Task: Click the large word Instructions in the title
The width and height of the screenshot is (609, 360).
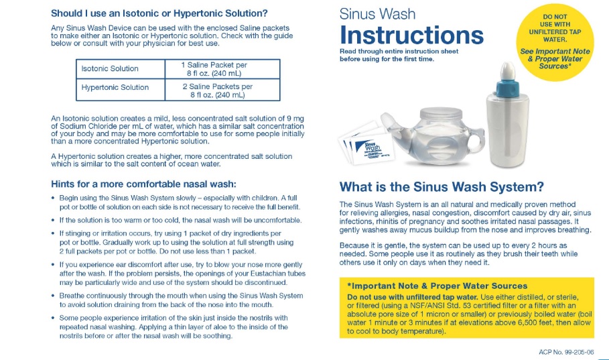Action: (411, 35)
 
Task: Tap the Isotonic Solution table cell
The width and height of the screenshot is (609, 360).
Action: (110, 68)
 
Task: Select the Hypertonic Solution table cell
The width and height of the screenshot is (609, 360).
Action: (115, 87)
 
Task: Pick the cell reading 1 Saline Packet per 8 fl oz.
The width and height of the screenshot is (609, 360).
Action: (214, 69)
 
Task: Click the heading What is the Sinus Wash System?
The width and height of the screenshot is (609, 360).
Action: (442, 187)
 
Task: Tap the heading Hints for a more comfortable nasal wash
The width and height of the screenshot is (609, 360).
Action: (143, 184)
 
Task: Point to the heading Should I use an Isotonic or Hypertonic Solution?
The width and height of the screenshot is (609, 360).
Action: (159, 13)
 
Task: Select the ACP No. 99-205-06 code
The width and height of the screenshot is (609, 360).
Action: (565, 351)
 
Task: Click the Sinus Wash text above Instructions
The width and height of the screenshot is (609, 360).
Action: (377, 14)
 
